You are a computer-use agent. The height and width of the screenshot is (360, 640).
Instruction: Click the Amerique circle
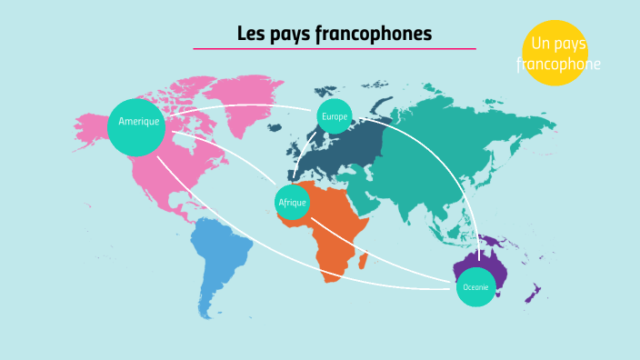(x=136, y=125)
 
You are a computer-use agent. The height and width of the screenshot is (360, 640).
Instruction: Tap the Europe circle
(x=335, y=116)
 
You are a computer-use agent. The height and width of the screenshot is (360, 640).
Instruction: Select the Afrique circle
(x=293, y=202)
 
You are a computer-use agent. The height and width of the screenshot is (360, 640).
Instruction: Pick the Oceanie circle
(x=475, y=287)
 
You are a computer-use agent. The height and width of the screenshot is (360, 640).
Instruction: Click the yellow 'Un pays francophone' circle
(x=555, y=53)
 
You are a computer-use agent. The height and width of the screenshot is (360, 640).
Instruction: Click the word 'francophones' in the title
(x=374, y=35)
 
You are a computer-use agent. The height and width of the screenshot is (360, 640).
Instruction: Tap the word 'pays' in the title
(x=290, y=35)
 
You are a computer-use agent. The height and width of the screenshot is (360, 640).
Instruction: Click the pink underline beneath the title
(x=334, y=49)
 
